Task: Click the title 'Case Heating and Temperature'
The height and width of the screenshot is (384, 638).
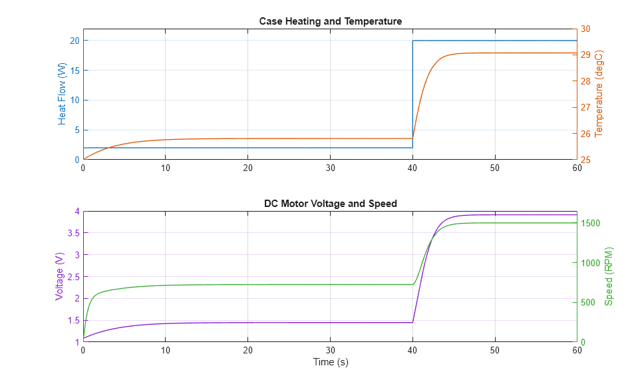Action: [330, 21]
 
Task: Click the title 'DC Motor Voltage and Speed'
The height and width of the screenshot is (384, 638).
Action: [330, 204]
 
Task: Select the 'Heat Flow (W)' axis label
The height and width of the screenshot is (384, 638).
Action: [63, 95]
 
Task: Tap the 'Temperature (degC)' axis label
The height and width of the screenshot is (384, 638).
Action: [599, 94]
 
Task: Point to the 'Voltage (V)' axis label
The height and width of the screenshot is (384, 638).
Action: [60, 276]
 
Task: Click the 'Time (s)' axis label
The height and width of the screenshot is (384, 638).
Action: [330, 363]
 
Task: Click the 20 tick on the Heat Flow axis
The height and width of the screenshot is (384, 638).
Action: [75, 41]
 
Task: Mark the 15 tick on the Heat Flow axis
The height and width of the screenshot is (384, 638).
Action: [75, 71]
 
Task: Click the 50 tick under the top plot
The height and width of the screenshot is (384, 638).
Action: [494, 168]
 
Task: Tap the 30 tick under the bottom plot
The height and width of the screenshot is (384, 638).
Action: [330, 350]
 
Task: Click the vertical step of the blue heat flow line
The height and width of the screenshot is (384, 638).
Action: [412, 93]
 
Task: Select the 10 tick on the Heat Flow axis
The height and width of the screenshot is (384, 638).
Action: [75, 100]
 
